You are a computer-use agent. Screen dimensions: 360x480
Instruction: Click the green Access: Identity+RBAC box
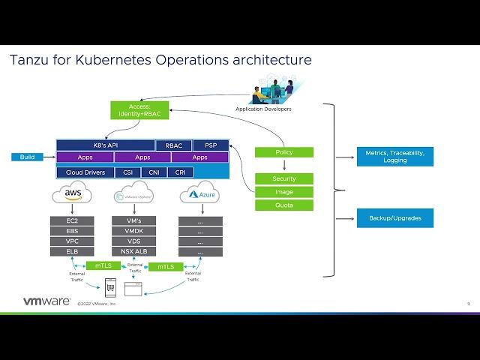139,109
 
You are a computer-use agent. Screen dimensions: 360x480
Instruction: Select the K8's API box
105,145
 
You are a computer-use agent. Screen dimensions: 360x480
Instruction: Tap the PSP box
211,145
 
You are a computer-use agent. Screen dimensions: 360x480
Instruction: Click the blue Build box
28,157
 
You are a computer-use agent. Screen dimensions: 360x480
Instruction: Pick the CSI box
127,172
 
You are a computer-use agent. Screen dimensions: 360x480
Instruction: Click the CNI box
154,172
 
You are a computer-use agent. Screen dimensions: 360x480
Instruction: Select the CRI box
180,172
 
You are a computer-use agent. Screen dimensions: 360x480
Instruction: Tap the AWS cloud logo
72,195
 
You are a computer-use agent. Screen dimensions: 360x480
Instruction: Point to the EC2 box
72,220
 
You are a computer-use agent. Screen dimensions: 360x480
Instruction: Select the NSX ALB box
135,251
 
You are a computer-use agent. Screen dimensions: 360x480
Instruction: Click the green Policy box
283,152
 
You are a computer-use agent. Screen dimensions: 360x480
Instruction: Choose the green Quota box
283,205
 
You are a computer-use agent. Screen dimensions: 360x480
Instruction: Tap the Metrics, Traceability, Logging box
394,156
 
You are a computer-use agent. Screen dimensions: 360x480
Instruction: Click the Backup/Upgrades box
394,218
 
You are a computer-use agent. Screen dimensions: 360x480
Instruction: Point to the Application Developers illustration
274,92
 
